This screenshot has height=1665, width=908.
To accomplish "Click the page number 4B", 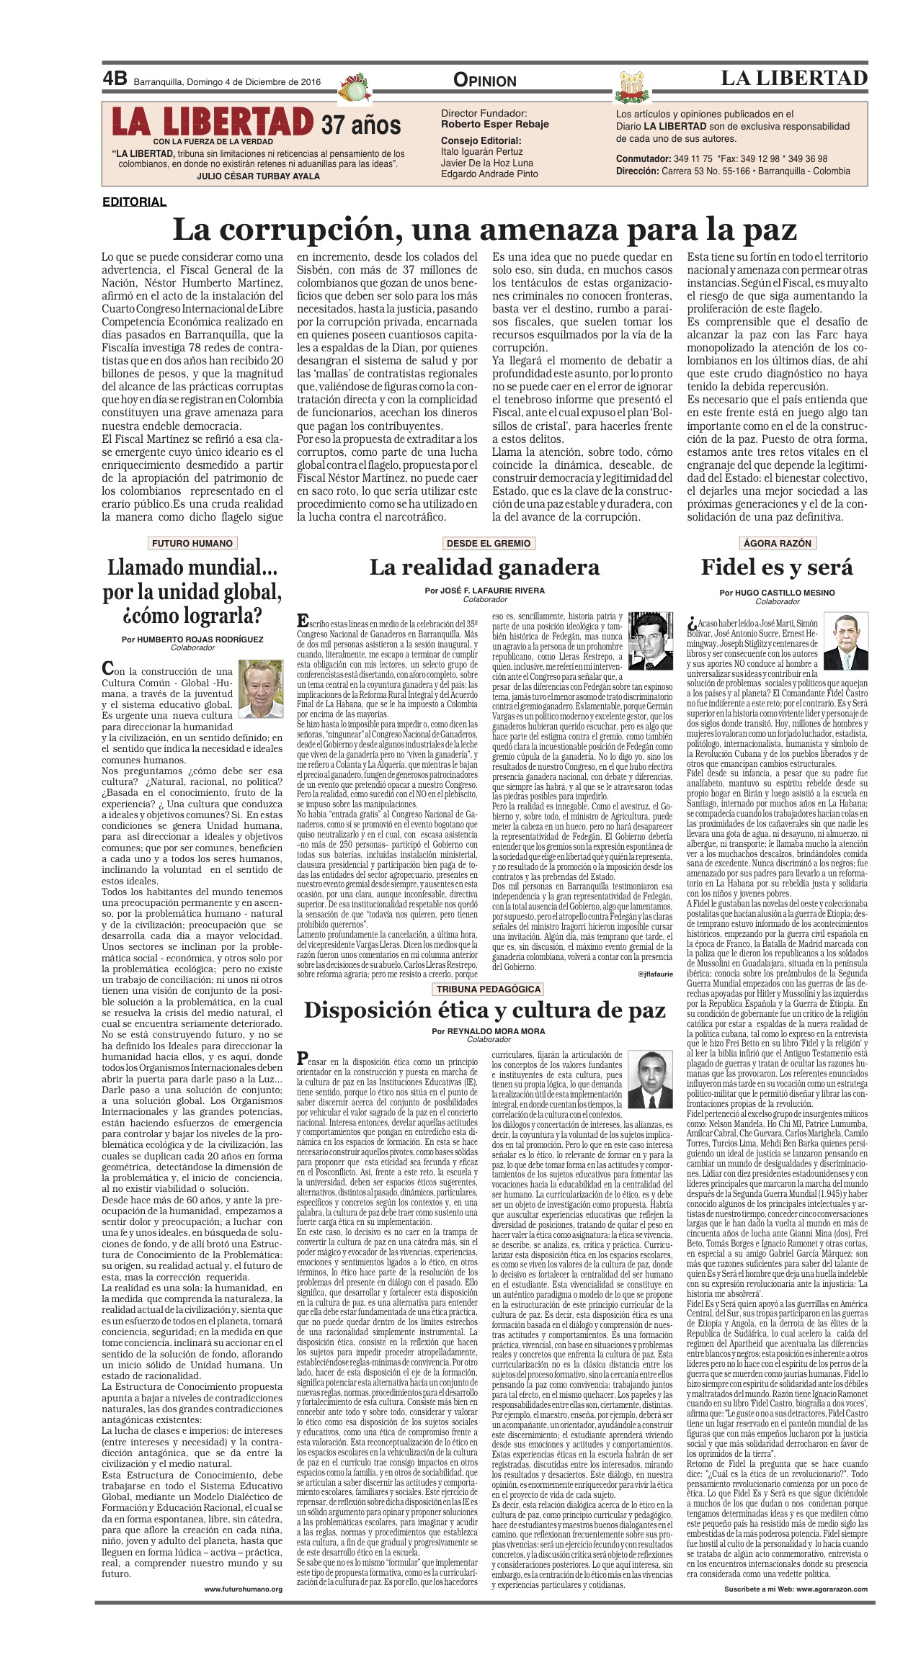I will pos(115,79).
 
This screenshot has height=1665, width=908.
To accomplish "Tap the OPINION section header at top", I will pos(485,81).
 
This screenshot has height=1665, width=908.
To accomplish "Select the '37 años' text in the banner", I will pos(361,125).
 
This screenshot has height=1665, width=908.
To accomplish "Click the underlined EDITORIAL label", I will pos(134,202).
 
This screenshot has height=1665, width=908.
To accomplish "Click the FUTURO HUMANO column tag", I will pos(192,543).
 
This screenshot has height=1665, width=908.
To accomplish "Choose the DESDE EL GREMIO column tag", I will pos(488,543).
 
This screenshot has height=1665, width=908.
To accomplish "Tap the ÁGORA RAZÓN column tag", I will pos(777,543).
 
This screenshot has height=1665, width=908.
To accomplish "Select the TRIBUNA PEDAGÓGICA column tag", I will pos(488,989).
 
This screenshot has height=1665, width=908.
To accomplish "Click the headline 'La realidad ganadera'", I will pos(484,567).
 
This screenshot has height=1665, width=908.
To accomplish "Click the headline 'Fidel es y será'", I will pos(777,567).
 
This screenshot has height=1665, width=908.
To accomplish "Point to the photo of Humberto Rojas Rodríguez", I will pos(261,690).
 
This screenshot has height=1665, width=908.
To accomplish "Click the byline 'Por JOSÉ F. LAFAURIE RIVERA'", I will pos(484,591).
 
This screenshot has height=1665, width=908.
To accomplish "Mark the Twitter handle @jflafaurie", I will pos(654,974).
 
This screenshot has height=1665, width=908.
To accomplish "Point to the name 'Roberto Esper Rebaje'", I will pos(494,124).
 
